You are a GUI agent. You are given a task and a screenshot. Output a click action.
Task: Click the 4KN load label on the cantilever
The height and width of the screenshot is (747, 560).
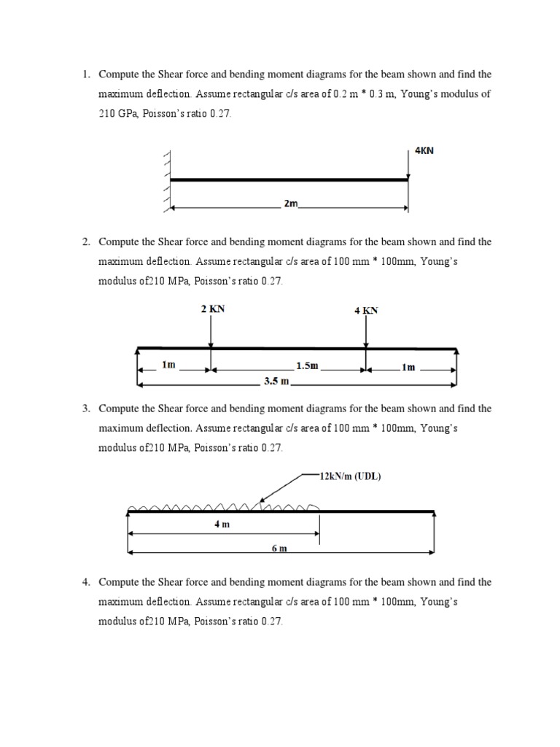tap(423, 151)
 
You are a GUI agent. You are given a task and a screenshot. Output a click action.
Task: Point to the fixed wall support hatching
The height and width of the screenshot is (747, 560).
tap(167, 180)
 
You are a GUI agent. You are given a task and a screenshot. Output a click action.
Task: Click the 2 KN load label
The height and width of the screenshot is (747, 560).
tap(213, 309)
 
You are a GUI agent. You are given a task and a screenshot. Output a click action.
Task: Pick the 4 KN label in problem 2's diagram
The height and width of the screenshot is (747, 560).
tap(366, 310)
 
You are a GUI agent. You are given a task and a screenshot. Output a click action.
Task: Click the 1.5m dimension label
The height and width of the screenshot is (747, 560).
tap(307, 365)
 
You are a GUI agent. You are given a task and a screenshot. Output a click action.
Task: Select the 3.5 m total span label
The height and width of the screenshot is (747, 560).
tap(276, 380)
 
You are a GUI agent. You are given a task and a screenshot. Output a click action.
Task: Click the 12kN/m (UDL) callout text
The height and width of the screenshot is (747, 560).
tap(350, 477)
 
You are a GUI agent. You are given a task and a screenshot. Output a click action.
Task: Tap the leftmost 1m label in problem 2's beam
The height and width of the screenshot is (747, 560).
tap(168, 364)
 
